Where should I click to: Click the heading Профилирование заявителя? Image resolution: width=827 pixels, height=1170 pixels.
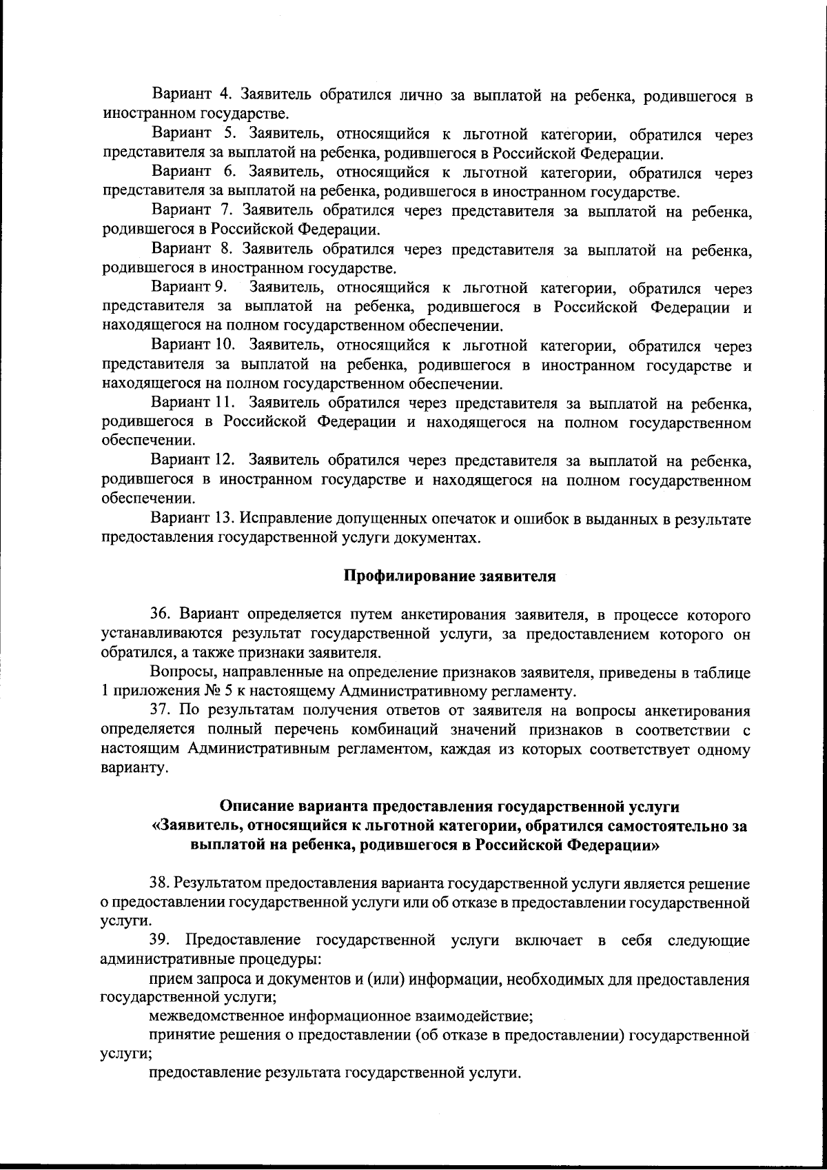coord(449,576)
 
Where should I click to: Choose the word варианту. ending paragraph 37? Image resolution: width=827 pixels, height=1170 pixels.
coord(134,767)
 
